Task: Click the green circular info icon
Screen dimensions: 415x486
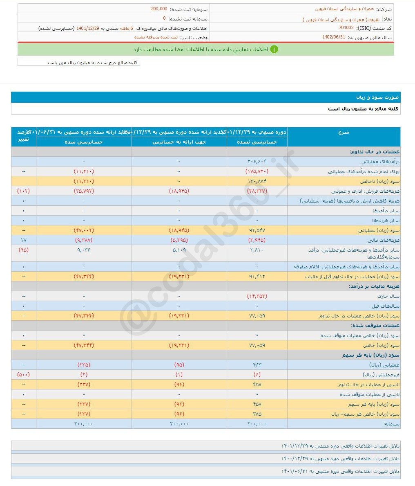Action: pos(274,49)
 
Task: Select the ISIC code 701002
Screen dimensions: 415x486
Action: pos(346,27)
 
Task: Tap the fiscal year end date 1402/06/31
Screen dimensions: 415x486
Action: pos(334,37)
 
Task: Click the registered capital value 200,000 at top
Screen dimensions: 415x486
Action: pos(159,9)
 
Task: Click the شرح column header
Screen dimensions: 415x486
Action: pos(344,132)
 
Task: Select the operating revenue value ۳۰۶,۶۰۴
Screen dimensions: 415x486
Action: pos(257,162)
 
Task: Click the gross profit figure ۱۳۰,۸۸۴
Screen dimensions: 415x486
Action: pos(257,181)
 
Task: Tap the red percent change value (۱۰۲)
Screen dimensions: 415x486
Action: pos(24,191)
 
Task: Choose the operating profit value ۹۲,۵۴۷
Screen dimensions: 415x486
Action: pos(257,230)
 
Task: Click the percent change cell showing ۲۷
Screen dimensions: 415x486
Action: pos(24,240)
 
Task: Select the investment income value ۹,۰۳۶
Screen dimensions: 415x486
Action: pos(84,250)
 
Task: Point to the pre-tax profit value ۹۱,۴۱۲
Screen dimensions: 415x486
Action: pos(257,277)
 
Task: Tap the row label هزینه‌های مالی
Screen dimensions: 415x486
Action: pos(386,240)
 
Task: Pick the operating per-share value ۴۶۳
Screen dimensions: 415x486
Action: pos(257,365)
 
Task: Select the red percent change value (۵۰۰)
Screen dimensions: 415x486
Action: pos(24,375)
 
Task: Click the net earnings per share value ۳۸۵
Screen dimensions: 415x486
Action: pos(257,414)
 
